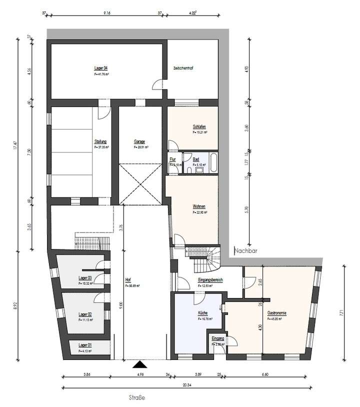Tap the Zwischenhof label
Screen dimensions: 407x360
[183, 68]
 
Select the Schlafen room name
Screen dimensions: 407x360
[199, 126]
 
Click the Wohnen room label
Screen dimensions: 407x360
[199, 206]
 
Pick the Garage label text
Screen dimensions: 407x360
[139, 141]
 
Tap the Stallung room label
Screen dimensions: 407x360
[100, 141]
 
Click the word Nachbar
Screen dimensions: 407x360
[245, 251]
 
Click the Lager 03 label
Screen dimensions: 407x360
[85, 277]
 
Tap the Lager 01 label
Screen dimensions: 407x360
[85, 345]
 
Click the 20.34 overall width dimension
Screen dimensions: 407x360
[186, 384]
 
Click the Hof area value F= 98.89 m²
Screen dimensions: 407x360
[132, 286]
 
